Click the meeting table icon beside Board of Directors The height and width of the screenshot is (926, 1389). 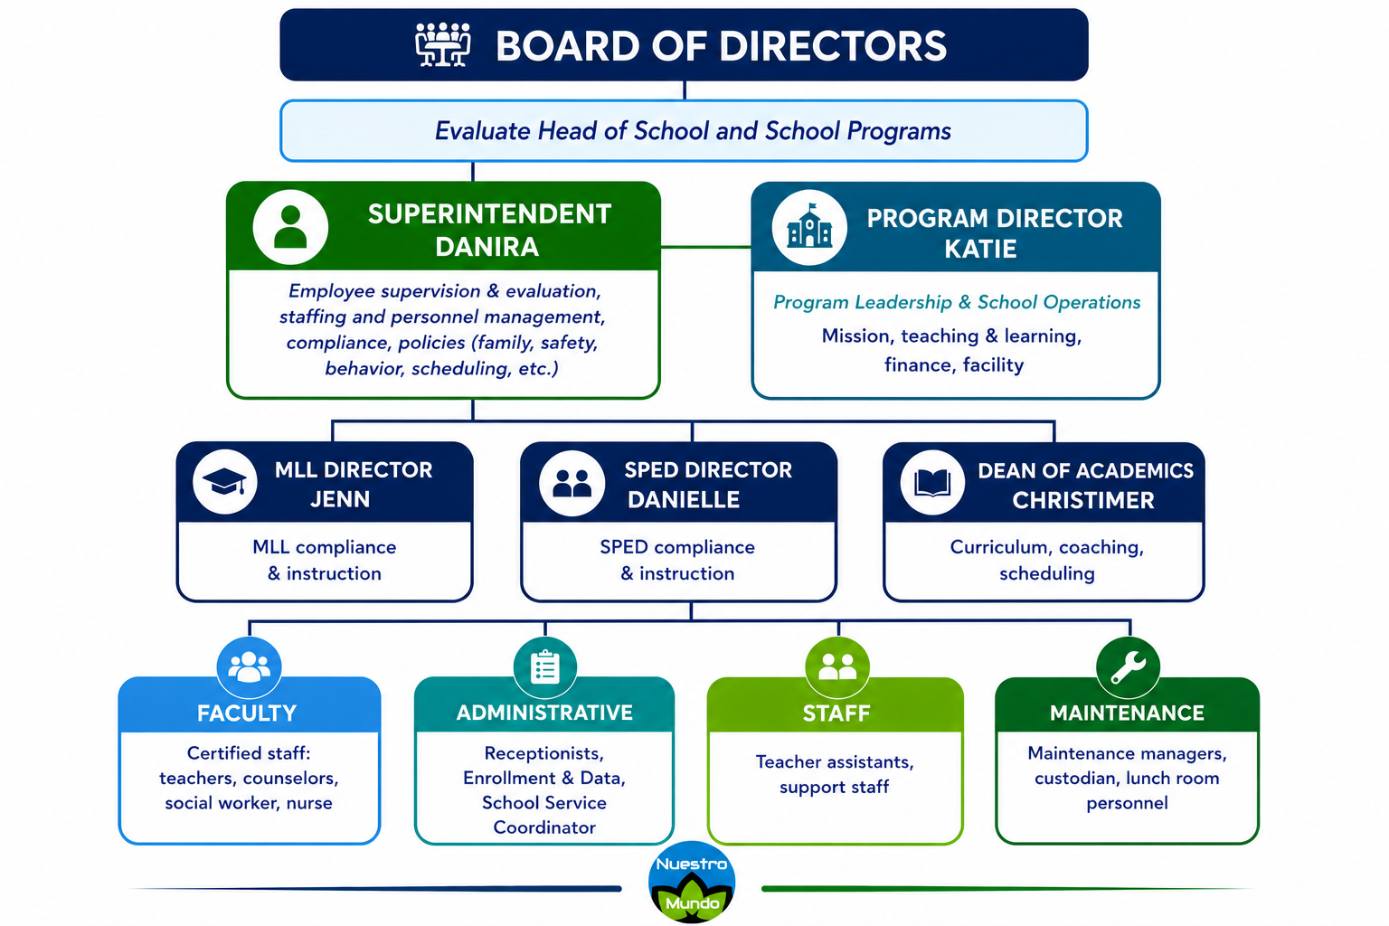click(x=442, y=44)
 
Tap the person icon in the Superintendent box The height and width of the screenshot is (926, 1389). click(x=290, y=227)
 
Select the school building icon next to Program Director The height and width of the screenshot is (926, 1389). click(x=809, y=228)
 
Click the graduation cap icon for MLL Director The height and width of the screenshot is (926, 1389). click(x=224, y=482)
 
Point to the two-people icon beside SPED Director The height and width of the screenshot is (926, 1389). click(x=572, y=483)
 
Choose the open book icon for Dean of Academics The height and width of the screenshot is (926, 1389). click(x=932, y=483)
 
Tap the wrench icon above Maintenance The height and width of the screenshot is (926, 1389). click(x=1128, y=667)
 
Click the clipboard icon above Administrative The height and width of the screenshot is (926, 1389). click(x=545, y=667)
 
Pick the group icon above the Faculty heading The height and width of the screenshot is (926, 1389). click(x=249, y=667)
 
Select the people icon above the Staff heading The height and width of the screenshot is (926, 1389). click(x=837, y=667)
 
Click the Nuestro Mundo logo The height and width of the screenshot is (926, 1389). click(x=692, y=882)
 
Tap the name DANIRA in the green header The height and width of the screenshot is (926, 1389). click(x=487, y=247)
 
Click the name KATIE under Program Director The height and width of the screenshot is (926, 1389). click(x=980, y=250)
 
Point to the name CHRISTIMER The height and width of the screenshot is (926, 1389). click(x=1083, y=500)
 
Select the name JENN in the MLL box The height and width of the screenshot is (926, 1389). click(x=340, y=499)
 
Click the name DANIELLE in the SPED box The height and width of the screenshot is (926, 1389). click(x=684, y=500)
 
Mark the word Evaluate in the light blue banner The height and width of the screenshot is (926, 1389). click(x=482, y=131)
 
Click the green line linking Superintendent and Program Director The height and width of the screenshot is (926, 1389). click(x=706, y=247)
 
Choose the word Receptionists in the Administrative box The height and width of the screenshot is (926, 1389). click(x=543, y=753)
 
